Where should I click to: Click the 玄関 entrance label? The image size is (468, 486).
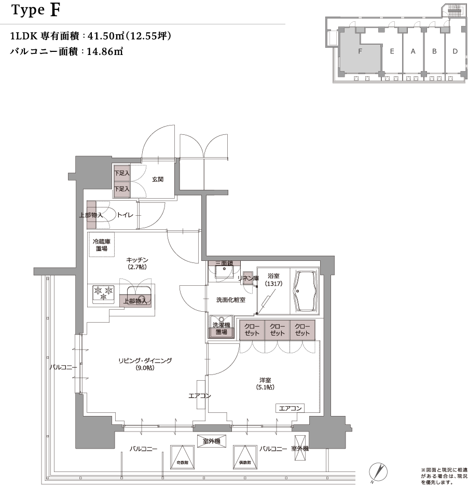(x=158, y=179)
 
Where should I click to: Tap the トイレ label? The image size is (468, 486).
(x=126, y=215)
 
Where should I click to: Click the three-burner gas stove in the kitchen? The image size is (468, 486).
(x=103, y=294)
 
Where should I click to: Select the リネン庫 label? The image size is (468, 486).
(x=248, y=279)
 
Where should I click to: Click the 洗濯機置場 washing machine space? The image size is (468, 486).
(x=221, y=328)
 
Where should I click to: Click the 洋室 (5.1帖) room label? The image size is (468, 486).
(x=265, y=383)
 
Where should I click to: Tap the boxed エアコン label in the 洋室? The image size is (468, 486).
(x=290, y=408)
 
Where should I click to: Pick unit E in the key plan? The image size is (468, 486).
(x=392, y=51)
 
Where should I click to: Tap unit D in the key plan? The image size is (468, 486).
(x=455, y=51)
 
